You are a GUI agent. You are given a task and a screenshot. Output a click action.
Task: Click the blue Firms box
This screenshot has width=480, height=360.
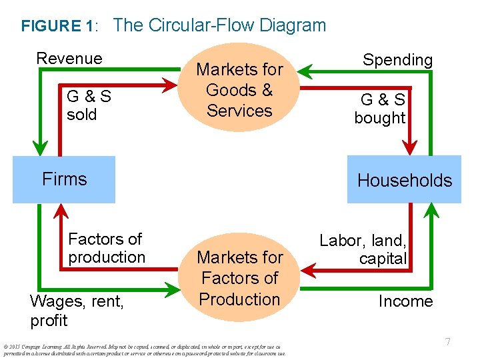click(x=64, y=179)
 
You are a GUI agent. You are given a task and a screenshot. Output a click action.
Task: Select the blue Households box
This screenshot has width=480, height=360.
click(x=404, y=180)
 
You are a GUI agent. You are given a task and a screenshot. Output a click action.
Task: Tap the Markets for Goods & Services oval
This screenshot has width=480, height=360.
click(x=239, y=90)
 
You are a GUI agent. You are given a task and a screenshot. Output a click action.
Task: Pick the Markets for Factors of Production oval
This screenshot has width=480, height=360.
click(x=239, y=278)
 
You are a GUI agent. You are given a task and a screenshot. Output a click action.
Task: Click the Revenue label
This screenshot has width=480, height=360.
click(x=69, y=59)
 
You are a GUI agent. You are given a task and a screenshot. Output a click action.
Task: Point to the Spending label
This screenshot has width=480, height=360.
click(x=397, y=60)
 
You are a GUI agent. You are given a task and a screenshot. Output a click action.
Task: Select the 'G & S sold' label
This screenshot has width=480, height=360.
click(x=89, y=105)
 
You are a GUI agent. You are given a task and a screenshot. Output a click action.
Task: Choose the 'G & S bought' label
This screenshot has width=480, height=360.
click(x=380, y=109)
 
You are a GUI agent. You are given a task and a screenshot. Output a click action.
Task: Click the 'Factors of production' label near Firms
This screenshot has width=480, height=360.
click(x=107, y=248)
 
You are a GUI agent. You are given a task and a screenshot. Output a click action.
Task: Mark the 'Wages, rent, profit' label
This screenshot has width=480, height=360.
click(x=77, y=311)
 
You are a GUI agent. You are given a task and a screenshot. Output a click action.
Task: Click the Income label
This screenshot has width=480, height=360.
click(x=405, y=301)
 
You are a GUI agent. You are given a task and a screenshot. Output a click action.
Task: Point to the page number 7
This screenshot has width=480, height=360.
click(x=448, y=342)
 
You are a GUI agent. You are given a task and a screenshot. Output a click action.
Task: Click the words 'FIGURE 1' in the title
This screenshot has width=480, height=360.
click(x=58, y=27)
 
